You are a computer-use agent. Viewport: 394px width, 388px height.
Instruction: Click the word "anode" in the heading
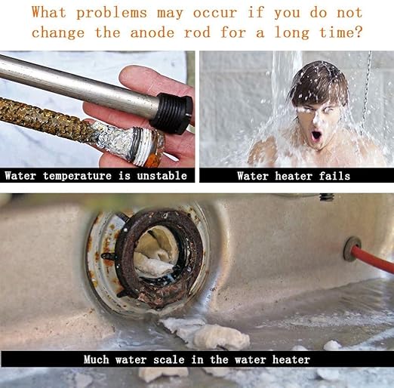click(x=152, y=33)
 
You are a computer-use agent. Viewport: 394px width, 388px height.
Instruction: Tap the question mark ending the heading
click(x=359, y=32)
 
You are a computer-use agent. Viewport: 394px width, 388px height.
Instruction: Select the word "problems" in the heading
click(x=112, y=13)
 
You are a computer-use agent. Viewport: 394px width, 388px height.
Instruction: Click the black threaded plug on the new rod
click(x=173, y=112)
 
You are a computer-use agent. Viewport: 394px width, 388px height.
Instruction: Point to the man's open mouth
click(x=316, y=136)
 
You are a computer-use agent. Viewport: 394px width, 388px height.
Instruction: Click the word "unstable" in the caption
click(x=162, y=175)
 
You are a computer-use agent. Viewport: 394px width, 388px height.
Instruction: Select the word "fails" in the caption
click(x=334, y=176)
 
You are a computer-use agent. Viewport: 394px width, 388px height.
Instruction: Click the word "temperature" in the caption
click(x=77, y=176)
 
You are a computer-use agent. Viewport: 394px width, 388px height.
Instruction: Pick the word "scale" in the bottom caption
click(x=169, y=359)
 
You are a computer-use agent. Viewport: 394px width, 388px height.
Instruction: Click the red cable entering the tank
click(x=373, y=258)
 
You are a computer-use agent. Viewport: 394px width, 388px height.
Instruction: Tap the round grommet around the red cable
click(x=352, y=249)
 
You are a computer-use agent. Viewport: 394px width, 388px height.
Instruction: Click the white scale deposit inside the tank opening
click(x=154, y=254)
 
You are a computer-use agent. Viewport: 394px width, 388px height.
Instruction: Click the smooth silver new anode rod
click(x=75, y=86)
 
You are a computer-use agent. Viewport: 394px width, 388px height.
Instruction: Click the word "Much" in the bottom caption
click(x=97, y=359)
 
